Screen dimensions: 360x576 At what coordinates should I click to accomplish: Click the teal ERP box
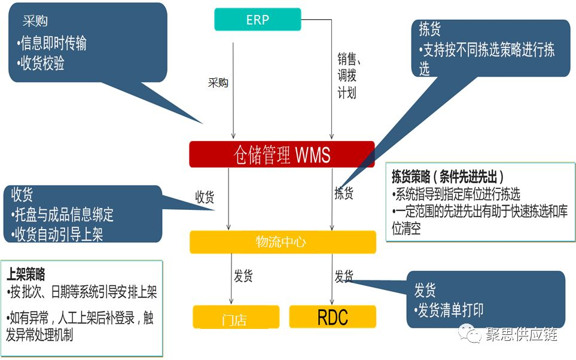click(x=257, y=19)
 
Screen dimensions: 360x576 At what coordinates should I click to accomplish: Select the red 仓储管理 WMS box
click(x=282, y=155)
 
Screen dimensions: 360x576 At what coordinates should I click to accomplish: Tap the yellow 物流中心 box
click(x=282, y=242)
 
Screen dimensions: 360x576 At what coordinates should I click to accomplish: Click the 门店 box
click(x=236, y=317)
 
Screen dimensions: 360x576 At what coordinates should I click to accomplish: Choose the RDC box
click(x=333, y=316)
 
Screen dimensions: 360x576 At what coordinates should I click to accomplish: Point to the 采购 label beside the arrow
click(x=218, y=83)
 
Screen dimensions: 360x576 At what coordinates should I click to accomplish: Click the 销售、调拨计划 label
click(x=347, y=75)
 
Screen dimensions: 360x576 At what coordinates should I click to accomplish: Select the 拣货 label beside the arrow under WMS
click(x=344, y=193)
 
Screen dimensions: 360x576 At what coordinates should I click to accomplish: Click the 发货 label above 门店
click(x=243, y=276)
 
